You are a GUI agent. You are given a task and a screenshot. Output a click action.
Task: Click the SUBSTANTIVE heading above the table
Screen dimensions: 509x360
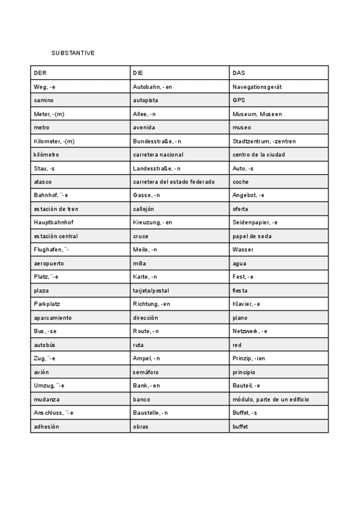73,53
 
